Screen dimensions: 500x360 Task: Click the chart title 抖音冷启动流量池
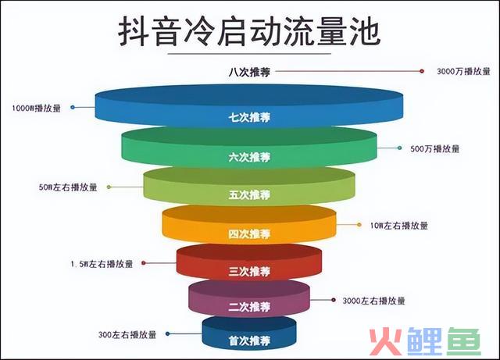(249, 32)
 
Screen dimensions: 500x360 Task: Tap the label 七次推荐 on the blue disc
(249, 117)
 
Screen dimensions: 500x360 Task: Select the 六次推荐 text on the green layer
(249, 157)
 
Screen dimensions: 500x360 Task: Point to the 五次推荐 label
(249, 194)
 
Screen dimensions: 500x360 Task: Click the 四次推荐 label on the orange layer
(249, 234)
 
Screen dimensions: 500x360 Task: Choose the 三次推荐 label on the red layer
(249, 271)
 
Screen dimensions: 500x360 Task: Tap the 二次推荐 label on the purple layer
(249, 307)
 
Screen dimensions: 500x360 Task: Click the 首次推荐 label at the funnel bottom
(249, 341)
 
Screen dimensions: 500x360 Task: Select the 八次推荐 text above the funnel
(249, 72)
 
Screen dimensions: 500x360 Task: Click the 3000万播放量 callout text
(463, 71)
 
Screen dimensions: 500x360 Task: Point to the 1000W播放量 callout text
(36, 108)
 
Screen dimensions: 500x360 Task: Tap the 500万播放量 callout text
(434, 148)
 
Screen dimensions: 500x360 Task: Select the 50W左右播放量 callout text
(68, 187)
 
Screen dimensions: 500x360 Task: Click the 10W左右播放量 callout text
(398, 226)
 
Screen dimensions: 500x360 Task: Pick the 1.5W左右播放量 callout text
(102, 264)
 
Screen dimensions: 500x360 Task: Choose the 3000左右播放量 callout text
(373, 301)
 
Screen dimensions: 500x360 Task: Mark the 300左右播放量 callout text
(127, 335)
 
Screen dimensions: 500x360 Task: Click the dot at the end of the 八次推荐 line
(422, 71)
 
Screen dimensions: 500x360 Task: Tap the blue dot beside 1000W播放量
(73, 108)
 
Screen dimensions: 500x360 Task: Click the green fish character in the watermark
(463, 341)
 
